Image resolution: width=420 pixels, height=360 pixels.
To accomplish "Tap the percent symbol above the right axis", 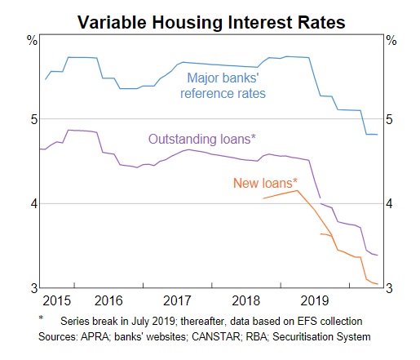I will coord(391,40).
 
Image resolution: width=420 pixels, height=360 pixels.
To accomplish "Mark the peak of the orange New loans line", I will coord(298,191).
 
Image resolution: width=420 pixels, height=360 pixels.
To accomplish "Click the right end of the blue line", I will coord(377,135).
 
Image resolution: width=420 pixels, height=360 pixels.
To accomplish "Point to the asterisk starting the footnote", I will coord(40,319).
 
